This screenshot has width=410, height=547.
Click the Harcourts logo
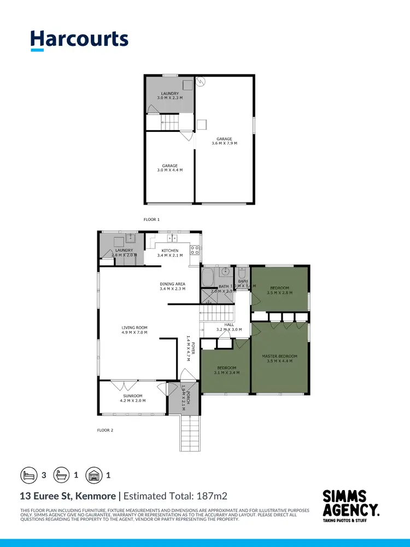click(79, 40)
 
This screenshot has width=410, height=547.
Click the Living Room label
click(134, 330)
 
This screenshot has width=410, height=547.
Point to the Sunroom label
click(133, 398)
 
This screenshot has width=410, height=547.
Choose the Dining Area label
click(173, 286)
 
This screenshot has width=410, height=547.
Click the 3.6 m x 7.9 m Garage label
click(224, 141)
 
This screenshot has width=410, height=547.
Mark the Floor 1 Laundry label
click(170, 95)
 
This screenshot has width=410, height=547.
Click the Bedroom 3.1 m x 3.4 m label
click(226, 370)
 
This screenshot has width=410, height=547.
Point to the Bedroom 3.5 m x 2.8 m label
click(280, 290)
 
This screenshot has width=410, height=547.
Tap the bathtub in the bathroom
click(208, 277)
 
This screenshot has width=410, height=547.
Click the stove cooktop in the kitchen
click(194, 251)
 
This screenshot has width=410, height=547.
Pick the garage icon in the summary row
click(95, 475)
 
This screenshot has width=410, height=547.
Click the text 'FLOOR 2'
click(105, 430)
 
